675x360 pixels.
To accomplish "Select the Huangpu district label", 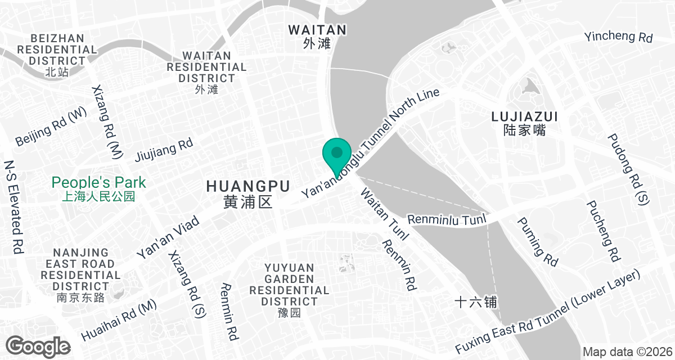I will (247, 193).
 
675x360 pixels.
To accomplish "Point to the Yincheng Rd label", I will (618, 37).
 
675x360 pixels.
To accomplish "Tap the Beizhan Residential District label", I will (58, 55).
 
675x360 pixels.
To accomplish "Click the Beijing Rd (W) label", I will (51, 126).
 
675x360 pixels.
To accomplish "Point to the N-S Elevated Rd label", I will (13, 206).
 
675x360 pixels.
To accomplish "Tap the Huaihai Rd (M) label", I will (119, 320).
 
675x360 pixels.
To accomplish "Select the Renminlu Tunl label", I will (445, 220).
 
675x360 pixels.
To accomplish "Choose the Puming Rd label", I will (537, 241).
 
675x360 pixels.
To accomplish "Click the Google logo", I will (38, 345).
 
